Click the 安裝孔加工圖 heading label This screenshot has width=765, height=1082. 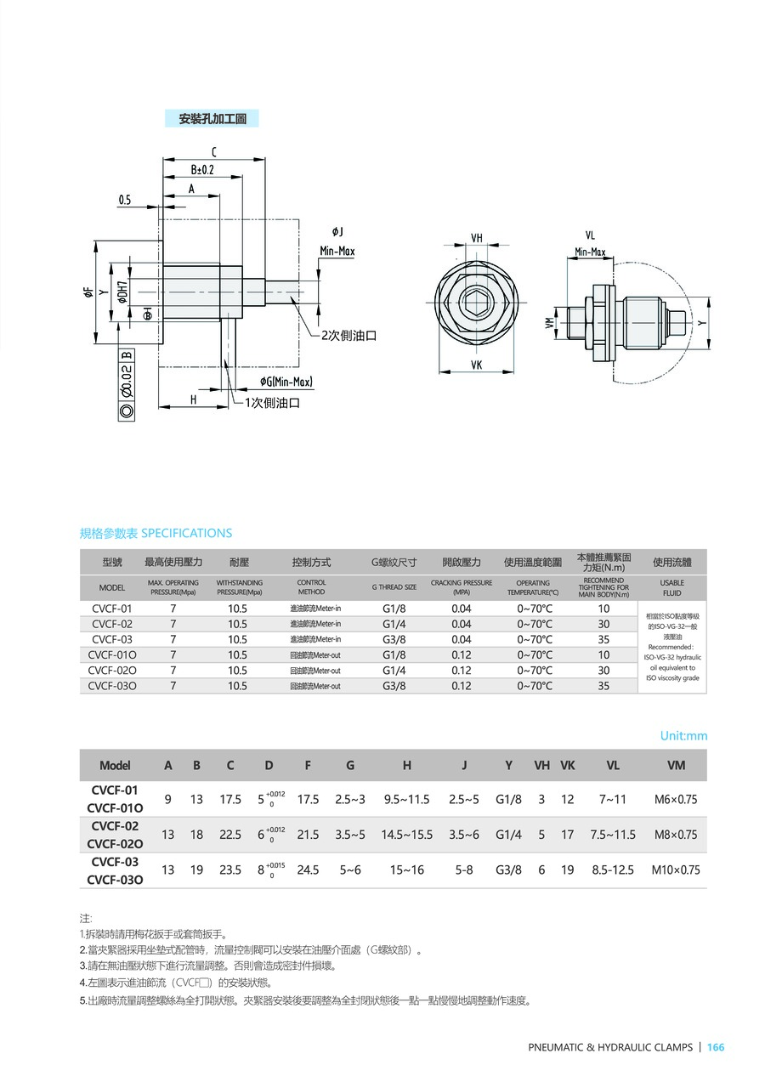[x=212, y=119]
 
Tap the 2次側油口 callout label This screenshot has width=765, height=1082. [x=349, y=335]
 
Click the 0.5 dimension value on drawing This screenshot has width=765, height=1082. [x=125, y=201]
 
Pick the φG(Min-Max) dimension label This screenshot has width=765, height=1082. [x=286, y=382]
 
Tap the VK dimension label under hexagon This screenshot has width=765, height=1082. [x=475, y=365]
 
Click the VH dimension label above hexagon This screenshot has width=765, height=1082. [x=476, y=238]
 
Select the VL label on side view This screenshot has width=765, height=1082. [x=590, y=235]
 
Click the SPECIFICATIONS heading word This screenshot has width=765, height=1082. [x=186, y=533]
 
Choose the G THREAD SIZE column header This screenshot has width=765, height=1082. [x=394, y=587]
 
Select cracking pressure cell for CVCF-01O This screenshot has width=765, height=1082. [x=462, y=654]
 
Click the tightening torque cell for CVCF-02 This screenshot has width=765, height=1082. [x=603, y=624]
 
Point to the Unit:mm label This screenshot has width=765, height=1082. [x=683, y=735]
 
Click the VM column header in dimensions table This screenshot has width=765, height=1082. [x=676, y=765]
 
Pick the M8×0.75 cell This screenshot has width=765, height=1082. [x=675, y=835]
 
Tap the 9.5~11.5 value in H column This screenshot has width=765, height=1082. [x=406, y=799]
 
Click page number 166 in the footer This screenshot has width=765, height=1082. [x=716, y=1047]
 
